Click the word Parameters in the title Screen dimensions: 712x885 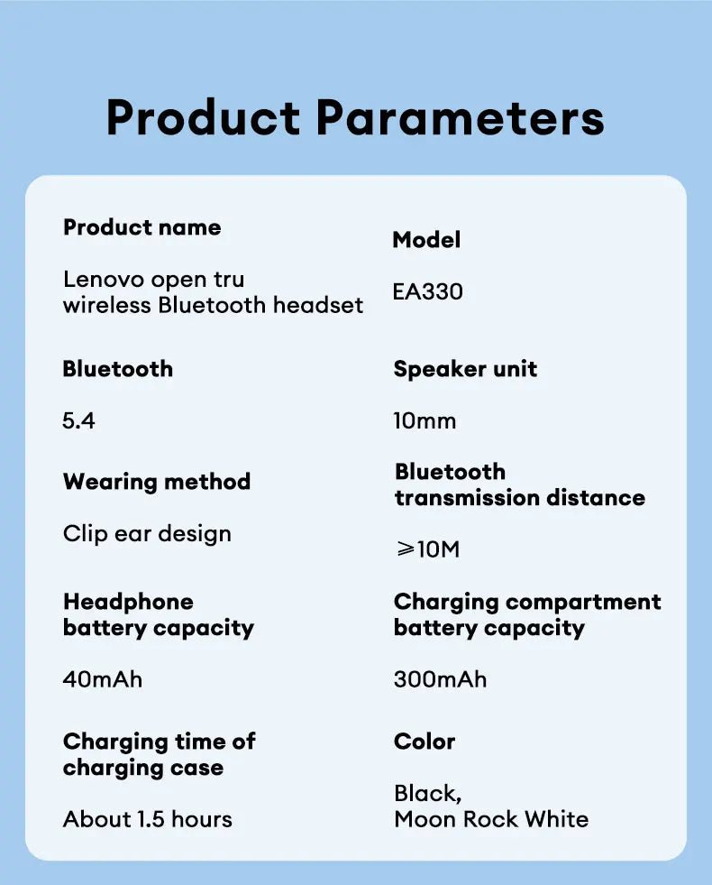[x=460, y=117]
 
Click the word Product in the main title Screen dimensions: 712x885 [x=203, y=117]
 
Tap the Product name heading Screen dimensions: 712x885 [x=142, y=227]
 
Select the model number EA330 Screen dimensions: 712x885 [x=428, y=291]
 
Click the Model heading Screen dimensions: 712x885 [x=426, y=240]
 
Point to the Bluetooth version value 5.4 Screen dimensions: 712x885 [x=79, y=421]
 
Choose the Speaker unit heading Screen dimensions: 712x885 [x=466, y=369]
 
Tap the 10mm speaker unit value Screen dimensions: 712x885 [x=425, y=421]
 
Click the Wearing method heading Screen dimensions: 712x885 [x=157, y=482]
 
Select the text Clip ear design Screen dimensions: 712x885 [x=147, y=534]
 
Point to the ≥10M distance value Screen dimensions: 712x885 [x=428, y=549]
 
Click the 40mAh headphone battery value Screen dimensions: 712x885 [x=103, y=679]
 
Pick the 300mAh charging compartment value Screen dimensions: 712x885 [x=441, y=679]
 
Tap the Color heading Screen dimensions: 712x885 [x=424, y=742]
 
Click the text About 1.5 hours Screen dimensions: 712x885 [x=148, y=819]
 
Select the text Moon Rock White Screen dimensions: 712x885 [x=491, y=819]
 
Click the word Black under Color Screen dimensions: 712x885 [x=426, y=794]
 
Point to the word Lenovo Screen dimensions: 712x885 [x=104, y=280]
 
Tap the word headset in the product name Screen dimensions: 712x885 [x=318, y=305]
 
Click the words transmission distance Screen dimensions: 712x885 [x=520, y=498]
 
